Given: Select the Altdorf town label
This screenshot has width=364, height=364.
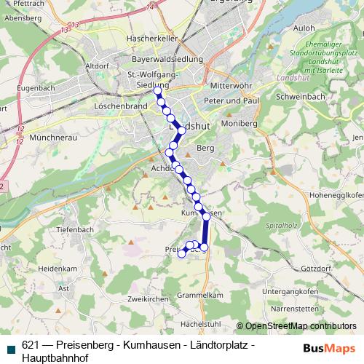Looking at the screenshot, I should [x=98, y=66].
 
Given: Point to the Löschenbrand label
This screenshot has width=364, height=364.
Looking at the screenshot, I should [x=120, y=105].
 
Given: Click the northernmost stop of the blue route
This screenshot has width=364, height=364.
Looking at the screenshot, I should [x=157, y=91].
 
